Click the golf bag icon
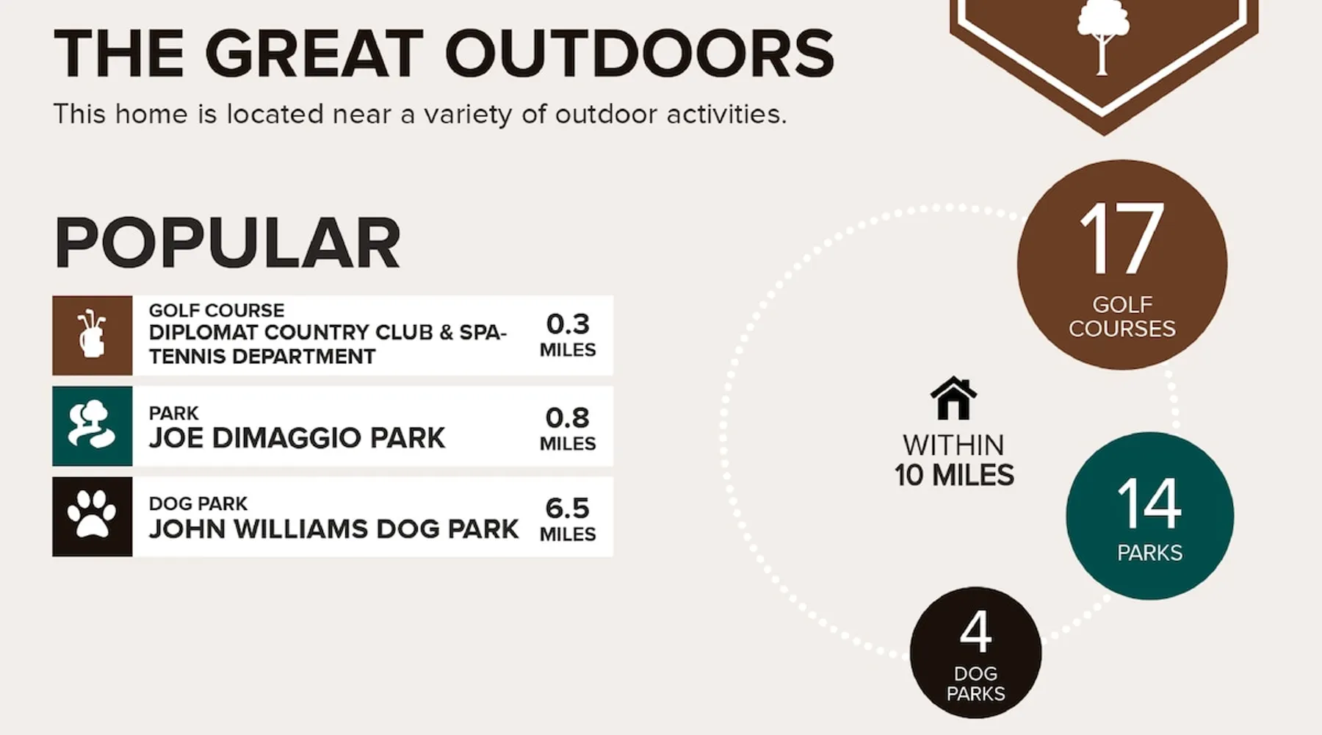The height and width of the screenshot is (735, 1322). click(92, 334)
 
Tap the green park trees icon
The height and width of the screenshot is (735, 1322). click(92, 425)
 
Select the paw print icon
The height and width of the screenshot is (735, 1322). click(92, 515)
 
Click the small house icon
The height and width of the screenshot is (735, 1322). click(953, 398)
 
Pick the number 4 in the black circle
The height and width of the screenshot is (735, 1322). click(975, 631)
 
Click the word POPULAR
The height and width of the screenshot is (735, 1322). click(228, 243)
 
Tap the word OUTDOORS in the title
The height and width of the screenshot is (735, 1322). click(639, 53)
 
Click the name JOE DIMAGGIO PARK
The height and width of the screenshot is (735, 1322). click(297, 437)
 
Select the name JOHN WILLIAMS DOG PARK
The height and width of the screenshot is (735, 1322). click(333, 528)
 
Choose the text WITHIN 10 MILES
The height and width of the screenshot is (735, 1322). click(954, 460)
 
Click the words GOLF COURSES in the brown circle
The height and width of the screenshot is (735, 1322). click(1121, 316)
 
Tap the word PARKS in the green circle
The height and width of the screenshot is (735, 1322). click(1149, 553)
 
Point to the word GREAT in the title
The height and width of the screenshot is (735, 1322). click(314, 53)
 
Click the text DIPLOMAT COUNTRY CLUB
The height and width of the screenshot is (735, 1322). click(291, 332)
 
